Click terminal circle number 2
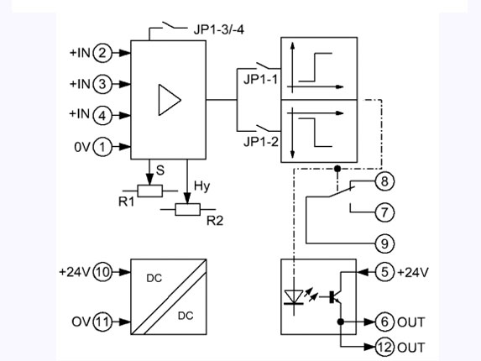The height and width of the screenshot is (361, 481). [x=102, y=53]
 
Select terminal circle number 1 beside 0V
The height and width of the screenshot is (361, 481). [x=102, y=147]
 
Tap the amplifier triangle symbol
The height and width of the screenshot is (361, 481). [x=170, y=100]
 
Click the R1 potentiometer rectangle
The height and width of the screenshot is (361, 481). [x=150, y=191]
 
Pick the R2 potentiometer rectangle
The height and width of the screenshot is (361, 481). [x=188, y=210]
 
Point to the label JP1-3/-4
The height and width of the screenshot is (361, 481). [x=219, y=29]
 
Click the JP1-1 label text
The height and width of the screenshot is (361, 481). [x=260, y=80]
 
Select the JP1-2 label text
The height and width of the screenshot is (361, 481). [x=261, y=142]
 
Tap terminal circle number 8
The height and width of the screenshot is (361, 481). [x=384, y=181]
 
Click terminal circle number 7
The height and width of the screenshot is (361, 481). [x=384, y=212]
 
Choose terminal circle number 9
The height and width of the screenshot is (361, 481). [x=384, y=243]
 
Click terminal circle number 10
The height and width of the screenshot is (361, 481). [x=102, y=272]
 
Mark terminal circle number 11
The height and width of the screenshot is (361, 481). [x=102, y=322]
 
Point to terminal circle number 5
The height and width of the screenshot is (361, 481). [x=384, y=272]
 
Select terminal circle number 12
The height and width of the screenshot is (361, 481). [x=384, y=347]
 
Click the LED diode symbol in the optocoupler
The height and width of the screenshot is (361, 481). [x=294, y=297]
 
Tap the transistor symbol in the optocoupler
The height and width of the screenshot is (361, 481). [x=335, y=296]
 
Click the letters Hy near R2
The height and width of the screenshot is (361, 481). [x=201, y=186]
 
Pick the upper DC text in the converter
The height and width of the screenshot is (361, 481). [x=154, y=278]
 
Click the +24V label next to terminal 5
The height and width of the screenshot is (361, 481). [x=413, y=272]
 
